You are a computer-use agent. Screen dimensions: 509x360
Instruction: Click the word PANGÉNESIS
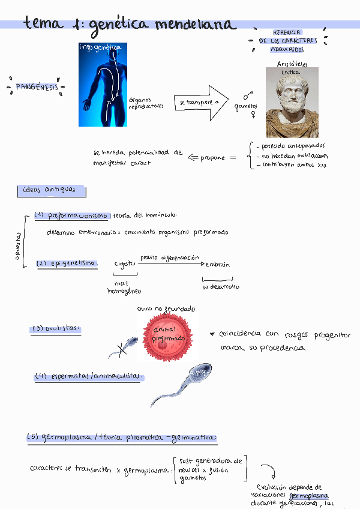click(x=35, y=87)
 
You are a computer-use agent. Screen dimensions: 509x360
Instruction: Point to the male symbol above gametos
click(x=247, y=95)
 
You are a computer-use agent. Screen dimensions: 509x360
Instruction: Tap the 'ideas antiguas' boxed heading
click(x=51, y=191)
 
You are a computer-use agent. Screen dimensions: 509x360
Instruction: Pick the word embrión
click(x=217, y=265)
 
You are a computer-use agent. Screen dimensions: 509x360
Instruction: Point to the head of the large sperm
click(x=200, y=373)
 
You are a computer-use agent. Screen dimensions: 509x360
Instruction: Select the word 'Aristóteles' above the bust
click(x=292, y=64)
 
